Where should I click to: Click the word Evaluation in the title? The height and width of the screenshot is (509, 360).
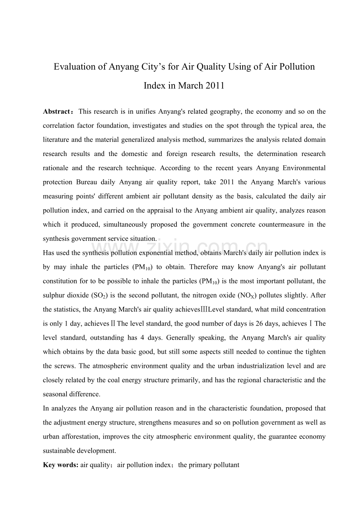tap(75, 67)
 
